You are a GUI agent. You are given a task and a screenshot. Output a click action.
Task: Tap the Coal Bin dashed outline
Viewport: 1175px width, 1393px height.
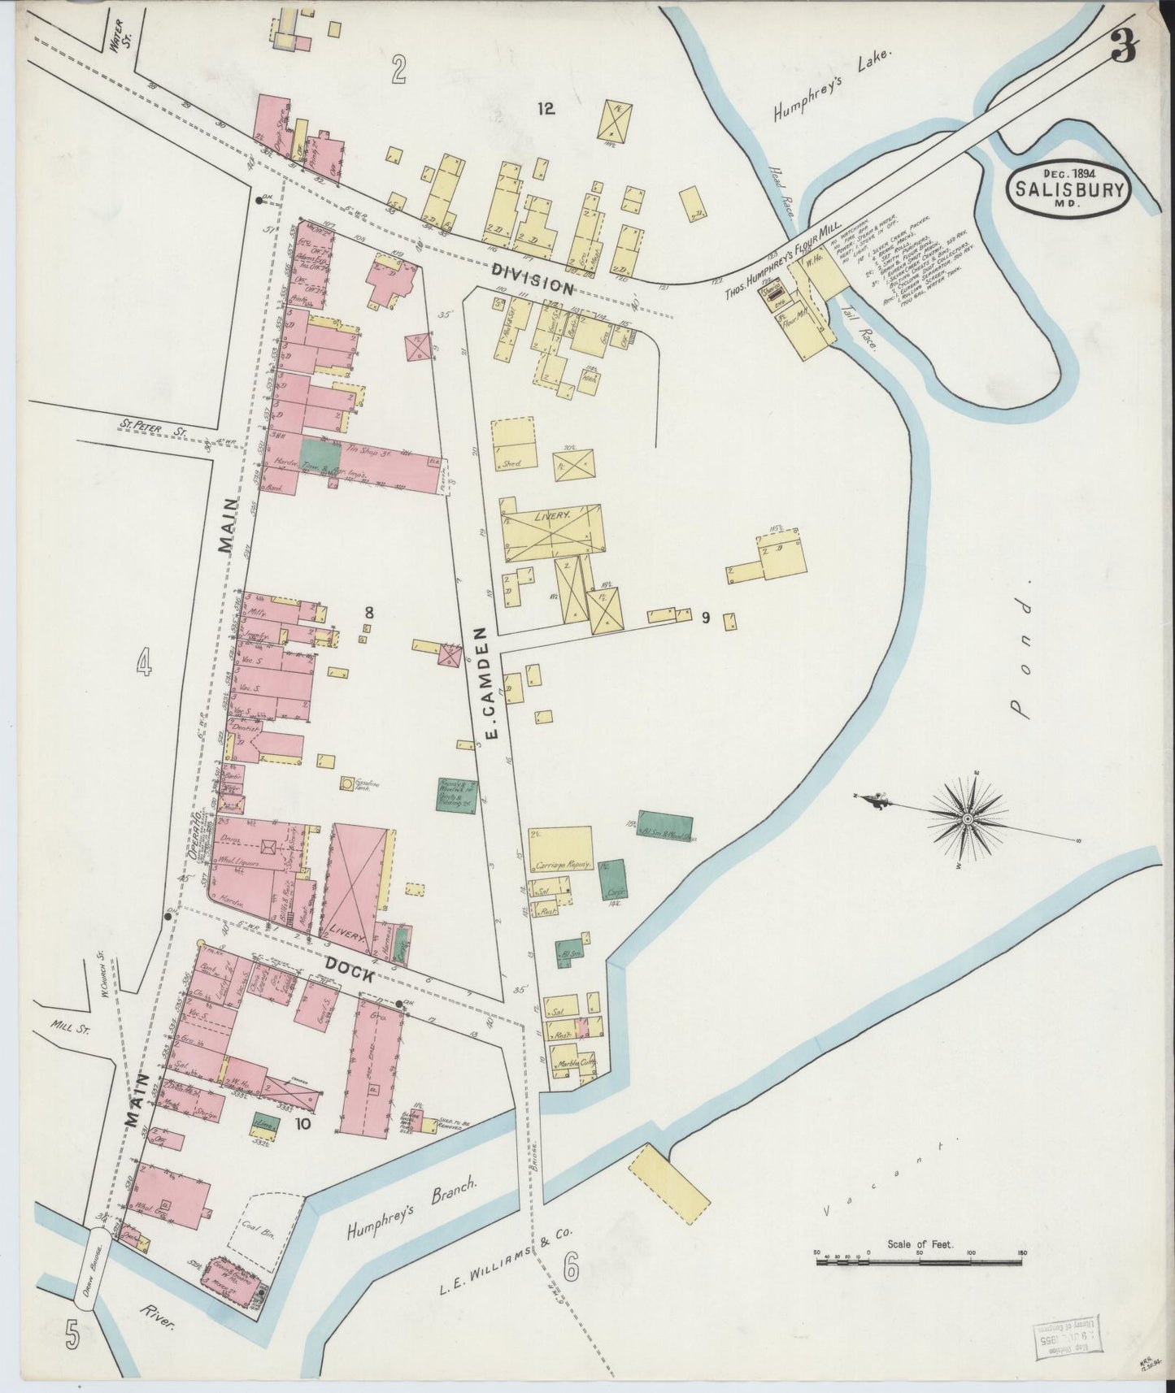coord(269,1227)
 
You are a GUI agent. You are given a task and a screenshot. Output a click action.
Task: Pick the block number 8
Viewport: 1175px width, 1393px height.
coord(368,611)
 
